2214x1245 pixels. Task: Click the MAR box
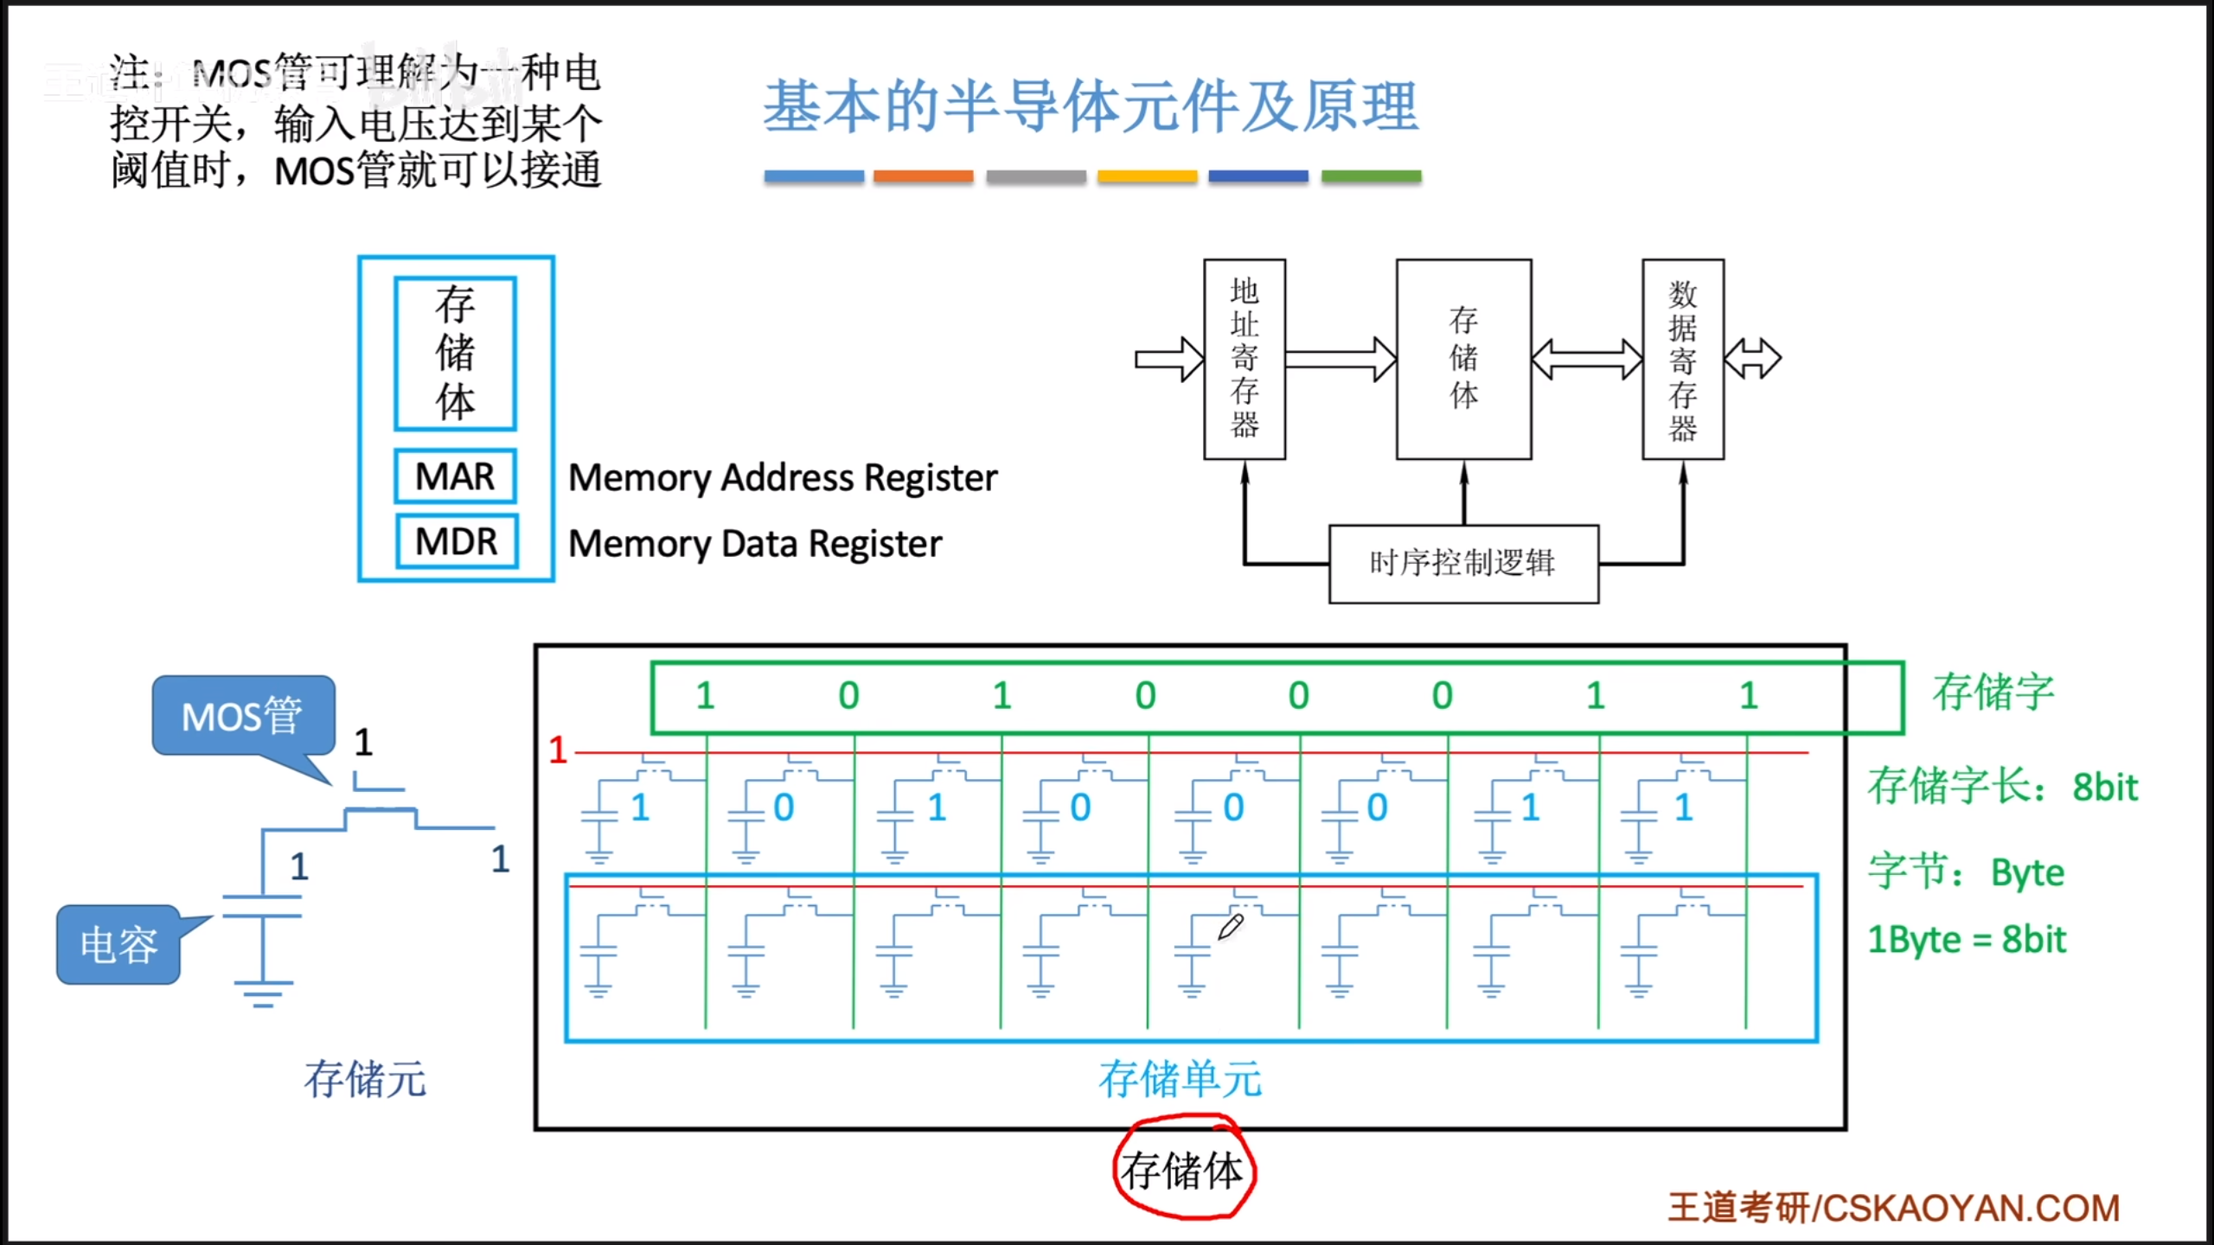pyautogui.click(x=455, y=476)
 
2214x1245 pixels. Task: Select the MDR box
pyautogui.click(x=457, y=542)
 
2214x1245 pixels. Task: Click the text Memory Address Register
pyautogui.click(x=783, y=478)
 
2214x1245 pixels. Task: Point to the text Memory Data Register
pyautogui.click(x=755, y=544)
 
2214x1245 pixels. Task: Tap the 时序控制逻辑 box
pyautogui.click(x=1462, y=564)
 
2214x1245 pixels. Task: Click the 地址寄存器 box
pyautogui.click(x=1245, y=359)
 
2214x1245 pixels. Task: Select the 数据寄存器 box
pyautogui.click(x=1682, y=359)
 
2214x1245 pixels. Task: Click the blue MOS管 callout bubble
pyautogui.click(x=243, y=716)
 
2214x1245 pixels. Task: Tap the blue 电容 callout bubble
pyautogui.click(x=119, y=944)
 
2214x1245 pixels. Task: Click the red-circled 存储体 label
pyautogui.click(x=1182, y=1172)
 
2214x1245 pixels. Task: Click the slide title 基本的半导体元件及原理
pyautogui.click(x=1091, y=106)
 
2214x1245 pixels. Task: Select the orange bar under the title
pyautogui.click(x=923, y=176)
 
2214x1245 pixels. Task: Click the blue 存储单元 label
pyautogui.click(x=1180, y=1079)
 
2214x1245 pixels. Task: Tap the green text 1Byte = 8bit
pyautogui.click(x=1966, y=940)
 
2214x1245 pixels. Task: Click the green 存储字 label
pyautogui.click(x=1993, y=693)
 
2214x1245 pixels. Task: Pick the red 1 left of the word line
pyautogui.click(x=558, y=750)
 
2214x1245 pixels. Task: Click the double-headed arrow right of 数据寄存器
pyautogui.click(x=1752, y=359)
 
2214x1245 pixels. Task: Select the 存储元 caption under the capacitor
pyautogui.click(x=365, y=1079)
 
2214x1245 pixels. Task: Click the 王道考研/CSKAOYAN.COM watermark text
pyautogui.click(x=1893, y=1208)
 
